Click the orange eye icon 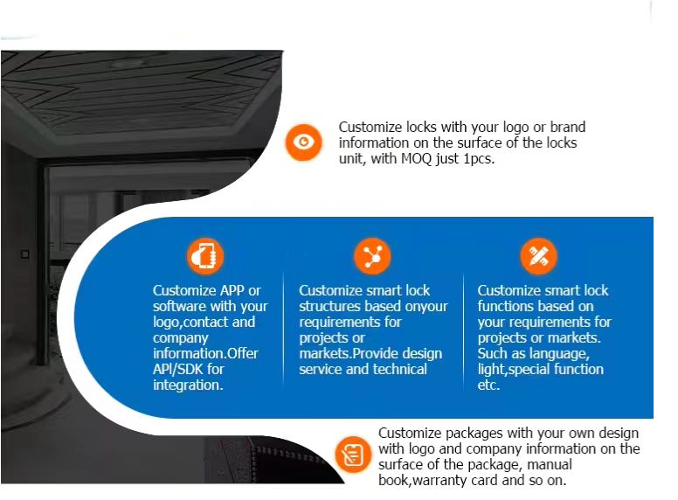click(303, 142)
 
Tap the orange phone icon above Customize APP click(205, 256)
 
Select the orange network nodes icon click(372, 256)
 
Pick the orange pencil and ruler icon click(538, 256)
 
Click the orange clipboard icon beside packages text click(353, 455)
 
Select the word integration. click(187, 385)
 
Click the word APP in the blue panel click(230, 290)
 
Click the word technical click(399, 369)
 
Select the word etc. click(488, 385)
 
